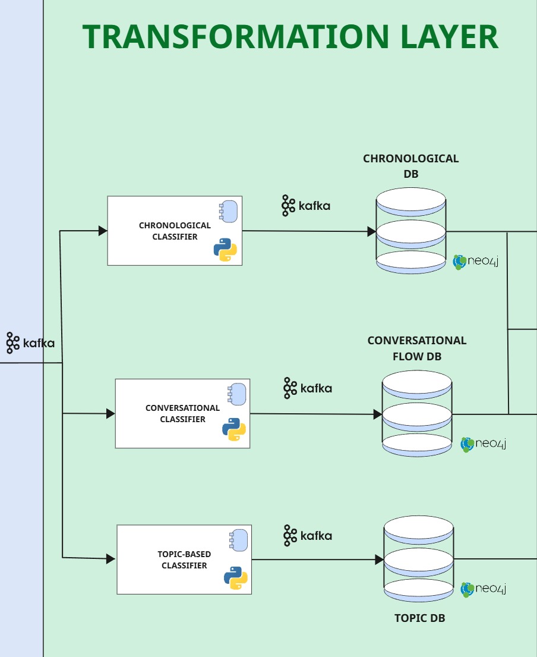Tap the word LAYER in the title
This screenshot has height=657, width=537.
click(449, 36)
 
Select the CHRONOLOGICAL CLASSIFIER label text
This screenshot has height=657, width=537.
click(175, 231)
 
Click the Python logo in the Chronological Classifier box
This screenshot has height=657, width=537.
click(225, 250)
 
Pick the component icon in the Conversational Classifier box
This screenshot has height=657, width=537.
click(236, 394)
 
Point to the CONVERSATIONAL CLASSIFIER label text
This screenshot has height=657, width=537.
click(182, 413)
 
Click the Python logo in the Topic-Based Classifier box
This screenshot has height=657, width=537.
click(235, 578)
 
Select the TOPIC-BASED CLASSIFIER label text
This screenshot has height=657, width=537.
click(184, 559)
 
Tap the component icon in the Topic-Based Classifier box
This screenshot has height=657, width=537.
click(238, 539)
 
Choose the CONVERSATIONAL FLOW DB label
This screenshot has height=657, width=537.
click(416, 348)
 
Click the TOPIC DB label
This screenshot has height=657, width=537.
click(419, 618)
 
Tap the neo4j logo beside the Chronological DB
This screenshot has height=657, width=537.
click(475, 262)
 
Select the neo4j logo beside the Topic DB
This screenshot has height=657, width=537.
click(484, 589)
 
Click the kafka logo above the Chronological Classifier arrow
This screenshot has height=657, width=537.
click(305, 206)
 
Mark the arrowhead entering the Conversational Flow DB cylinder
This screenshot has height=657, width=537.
click(378, 414)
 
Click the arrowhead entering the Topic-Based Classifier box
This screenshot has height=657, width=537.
click(110, 559)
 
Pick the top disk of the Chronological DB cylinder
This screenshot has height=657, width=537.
click(411, 199)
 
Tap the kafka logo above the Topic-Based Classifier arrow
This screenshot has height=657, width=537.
click(307, 535)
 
